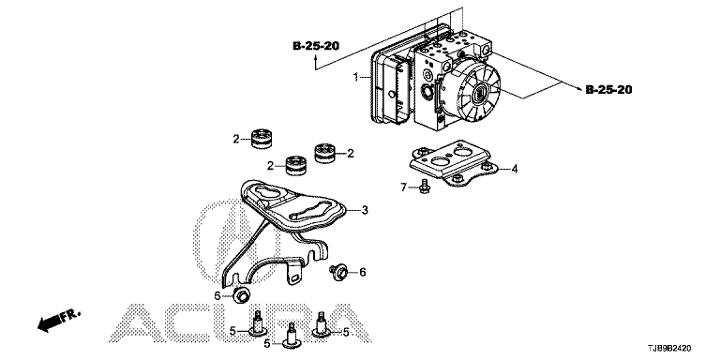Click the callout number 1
click(x=355, y=77)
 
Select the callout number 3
click(x=365, y=210)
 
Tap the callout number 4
click(x=515, y=169)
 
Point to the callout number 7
click(x=404, y=187)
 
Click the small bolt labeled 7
click(x=424, y=187)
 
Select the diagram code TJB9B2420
click(x=671, y=349)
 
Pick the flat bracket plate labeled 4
click(x=454, y=164)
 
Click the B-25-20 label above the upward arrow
click(x=316, y=46)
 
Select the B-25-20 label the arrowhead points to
click(x=608, y=90)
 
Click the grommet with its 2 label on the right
click(x=325, y=154)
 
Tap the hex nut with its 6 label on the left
click(x=241, y=295)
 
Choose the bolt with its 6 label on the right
click(x=338, y=272)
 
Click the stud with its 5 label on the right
click(x=320, y=325)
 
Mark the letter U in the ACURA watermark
click(x=239, y=322)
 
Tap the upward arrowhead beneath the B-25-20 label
click(x=315, y=57)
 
